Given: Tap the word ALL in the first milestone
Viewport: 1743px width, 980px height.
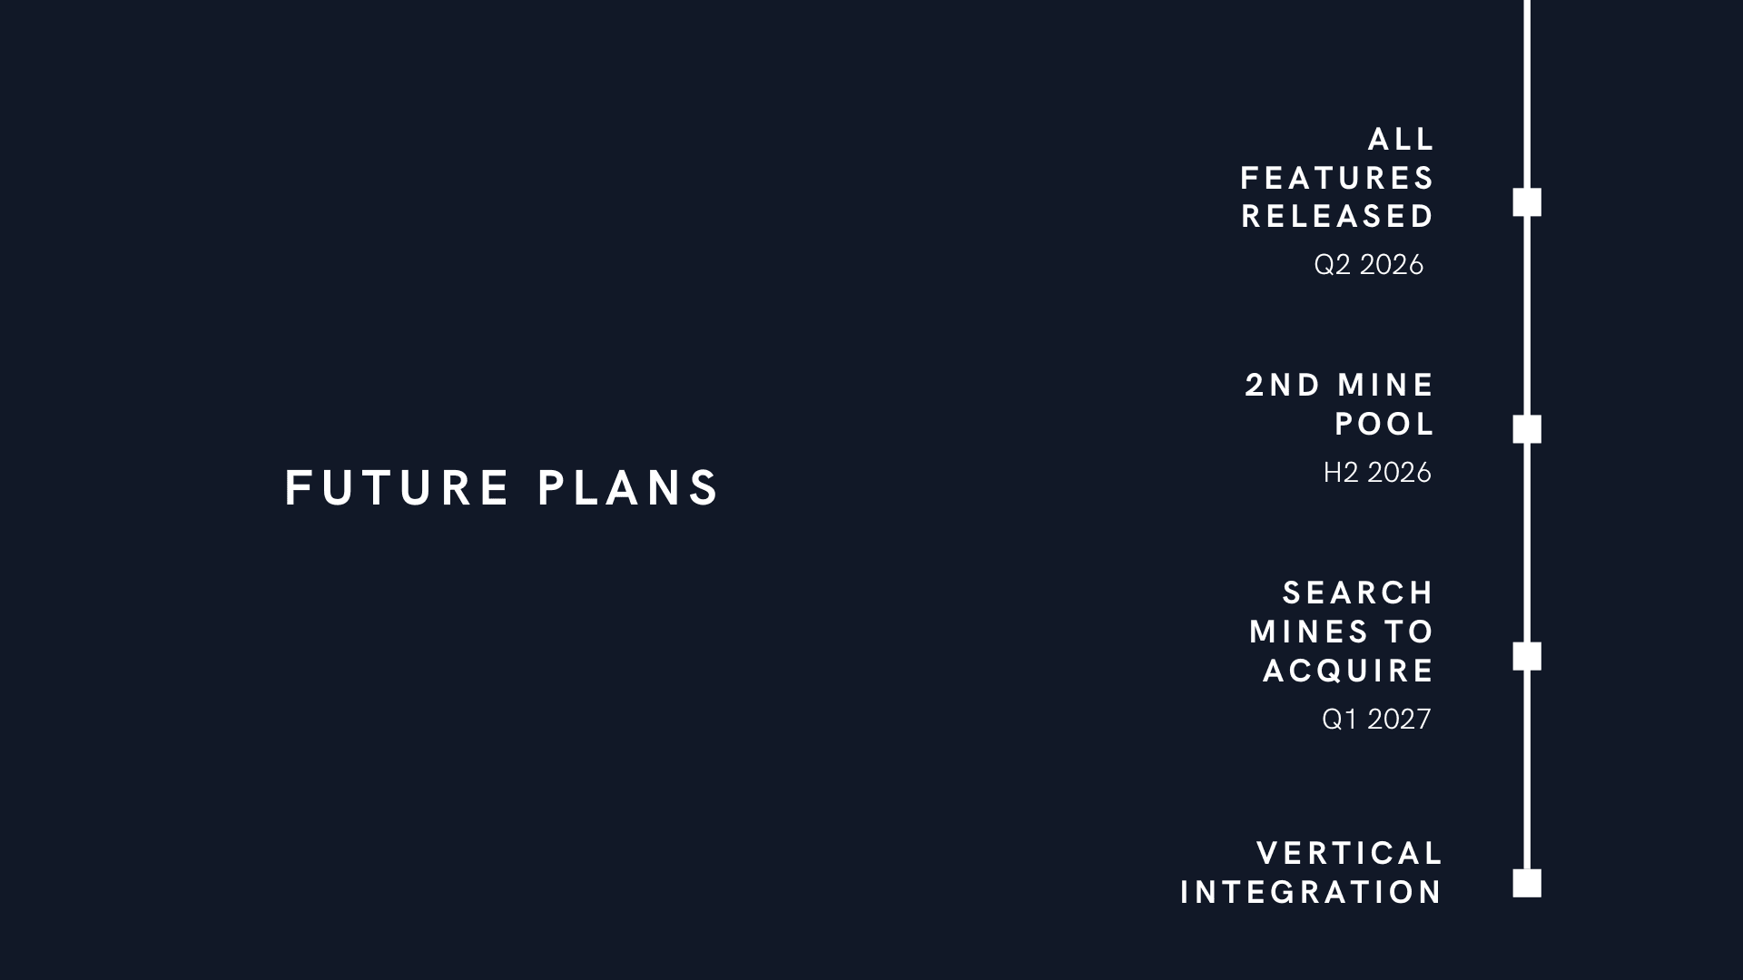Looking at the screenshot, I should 1401,140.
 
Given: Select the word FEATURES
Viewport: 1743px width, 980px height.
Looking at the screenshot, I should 1337,178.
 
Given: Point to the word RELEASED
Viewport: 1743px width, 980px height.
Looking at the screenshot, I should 1337,217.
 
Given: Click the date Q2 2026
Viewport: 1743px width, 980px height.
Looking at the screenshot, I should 1368,264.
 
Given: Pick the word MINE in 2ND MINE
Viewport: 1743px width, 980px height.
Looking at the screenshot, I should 1385,386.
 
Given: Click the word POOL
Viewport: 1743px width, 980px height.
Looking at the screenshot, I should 1384,424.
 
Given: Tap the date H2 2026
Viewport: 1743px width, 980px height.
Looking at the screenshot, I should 1376,472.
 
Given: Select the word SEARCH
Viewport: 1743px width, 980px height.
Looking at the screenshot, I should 1357,593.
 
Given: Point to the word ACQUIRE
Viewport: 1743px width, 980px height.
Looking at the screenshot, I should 1348,671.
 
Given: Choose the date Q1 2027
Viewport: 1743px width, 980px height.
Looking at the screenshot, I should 1376,719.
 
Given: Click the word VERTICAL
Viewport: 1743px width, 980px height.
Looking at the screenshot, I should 1350,854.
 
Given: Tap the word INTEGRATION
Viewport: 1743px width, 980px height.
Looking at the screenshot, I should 1311,893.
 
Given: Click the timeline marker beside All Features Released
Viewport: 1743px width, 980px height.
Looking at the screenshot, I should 1527,202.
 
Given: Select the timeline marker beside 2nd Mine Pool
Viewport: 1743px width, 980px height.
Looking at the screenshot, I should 1527,429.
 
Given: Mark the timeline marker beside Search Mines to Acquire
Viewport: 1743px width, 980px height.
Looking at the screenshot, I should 1527,656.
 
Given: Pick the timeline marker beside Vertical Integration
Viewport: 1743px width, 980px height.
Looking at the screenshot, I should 1527,883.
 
